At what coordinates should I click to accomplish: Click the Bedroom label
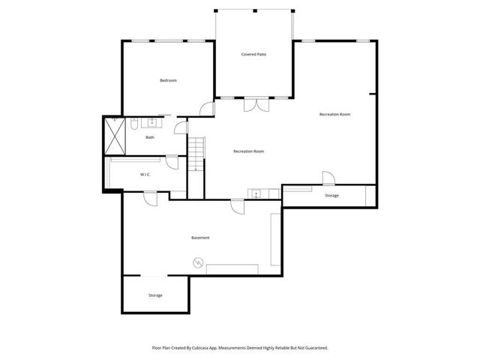point(168,80)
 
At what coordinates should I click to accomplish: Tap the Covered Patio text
point(254,55)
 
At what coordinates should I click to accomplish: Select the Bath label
point(150,137)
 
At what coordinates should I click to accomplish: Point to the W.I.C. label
point(145,175)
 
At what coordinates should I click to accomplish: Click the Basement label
point(200,238)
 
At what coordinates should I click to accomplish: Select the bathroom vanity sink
point(152,121)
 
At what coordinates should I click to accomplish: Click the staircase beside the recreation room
point(196,154)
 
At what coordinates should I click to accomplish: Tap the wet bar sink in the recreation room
point(257,194)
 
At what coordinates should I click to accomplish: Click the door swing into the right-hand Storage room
point(328,178)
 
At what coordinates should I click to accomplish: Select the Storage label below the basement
point(154,295)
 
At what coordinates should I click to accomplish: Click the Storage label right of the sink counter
point(331,196)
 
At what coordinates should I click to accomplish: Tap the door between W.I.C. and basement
point(150,197)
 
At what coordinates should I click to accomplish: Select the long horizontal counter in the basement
point(232,268)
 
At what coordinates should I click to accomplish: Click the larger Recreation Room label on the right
point(334,114)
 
